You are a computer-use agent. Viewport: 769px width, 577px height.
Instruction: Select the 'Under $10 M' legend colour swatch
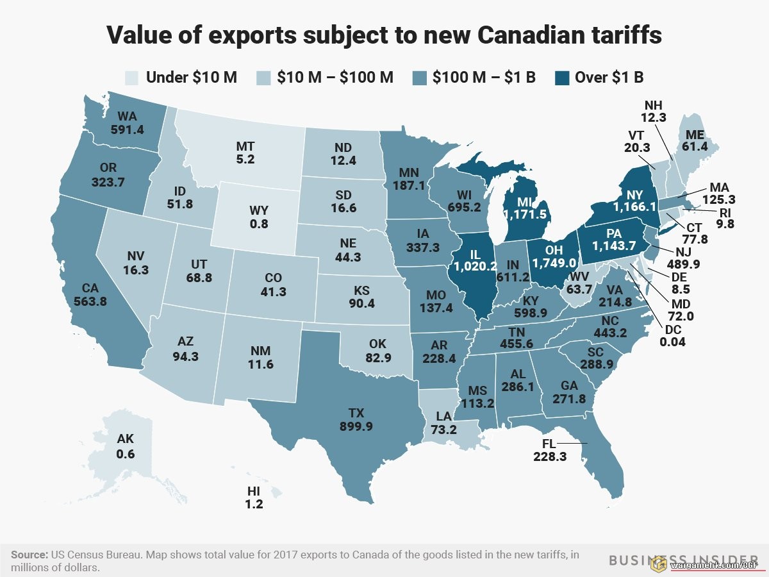[131, 78]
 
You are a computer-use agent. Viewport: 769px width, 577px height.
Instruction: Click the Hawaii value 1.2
[254, 504]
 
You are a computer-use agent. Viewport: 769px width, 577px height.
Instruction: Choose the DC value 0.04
[672, 342]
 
